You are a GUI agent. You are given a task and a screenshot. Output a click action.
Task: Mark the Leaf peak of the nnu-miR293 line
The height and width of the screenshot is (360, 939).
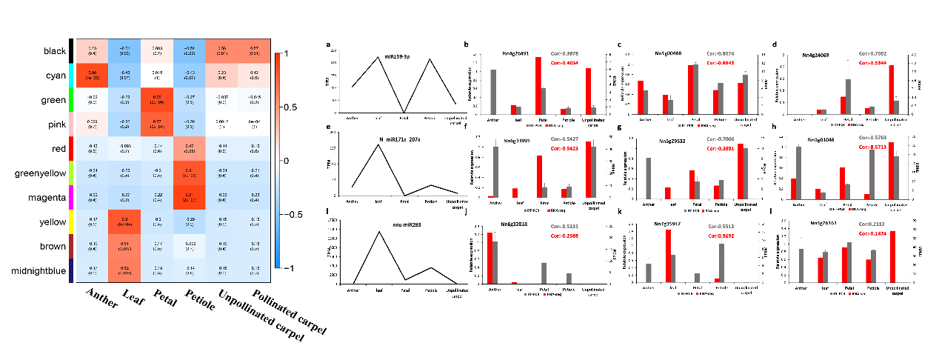click(x=379, y=232)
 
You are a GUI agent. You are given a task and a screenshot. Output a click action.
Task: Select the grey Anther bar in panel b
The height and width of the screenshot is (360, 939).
click(x=492, y=91)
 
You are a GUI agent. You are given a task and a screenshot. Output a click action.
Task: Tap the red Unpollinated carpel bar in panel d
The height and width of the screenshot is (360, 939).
click(x=891, y=90)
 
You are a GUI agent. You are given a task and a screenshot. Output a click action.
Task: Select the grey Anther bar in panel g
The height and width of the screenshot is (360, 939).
click(x=649, y=178)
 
